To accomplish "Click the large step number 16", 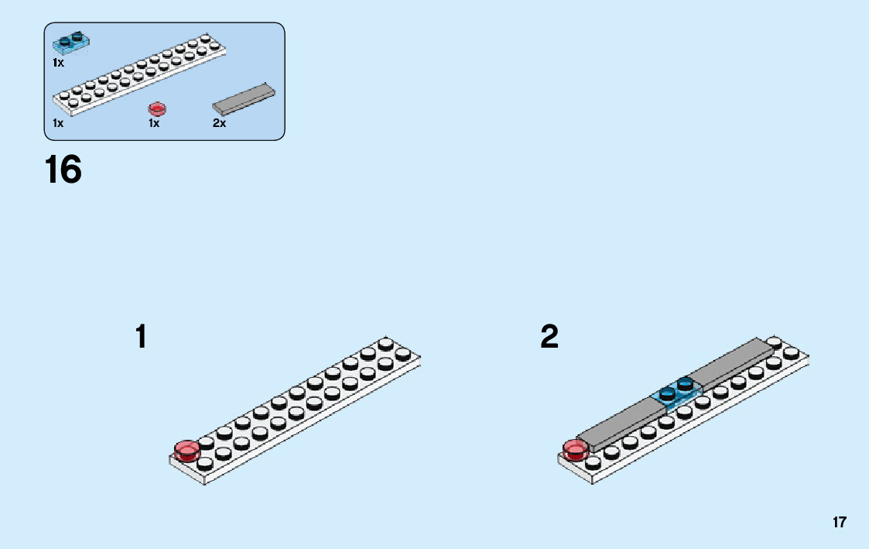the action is coord(63,170).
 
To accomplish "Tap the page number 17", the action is coord(840,523).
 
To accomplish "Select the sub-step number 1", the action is coord(141,338).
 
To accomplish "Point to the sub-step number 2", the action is coord(549,338).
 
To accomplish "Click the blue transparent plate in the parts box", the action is coord(70,42).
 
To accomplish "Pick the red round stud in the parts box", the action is coord(157,108).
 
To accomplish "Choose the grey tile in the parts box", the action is coord(244,99).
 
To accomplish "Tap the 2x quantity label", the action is coord(219,124).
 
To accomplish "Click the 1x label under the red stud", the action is coord(154,124).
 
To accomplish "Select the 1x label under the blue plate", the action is coord(58,63).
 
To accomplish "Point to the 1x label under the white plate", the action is coord(58,124).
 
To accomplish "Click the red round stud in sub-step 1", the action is coord(186,450).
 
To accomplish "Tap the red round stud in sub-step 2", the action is coord(575,449).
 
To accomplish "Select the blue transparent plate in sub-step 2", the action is coord(676,394).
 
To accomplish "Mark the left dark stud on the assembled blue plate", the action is coord(666,393).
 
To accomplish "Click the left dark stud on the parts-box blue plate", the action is coord(63,39).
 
